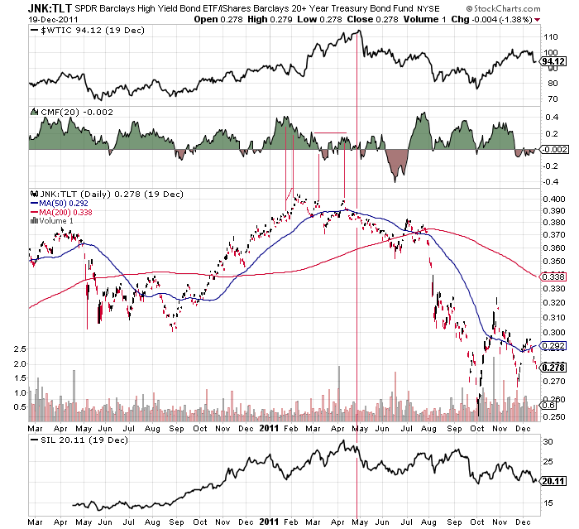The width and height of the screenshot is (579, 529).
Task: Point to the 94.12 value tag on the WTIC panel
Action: [x=552, y=60]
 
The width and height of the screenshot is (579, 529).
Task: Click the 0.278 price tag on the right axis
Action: [x=552, y=367]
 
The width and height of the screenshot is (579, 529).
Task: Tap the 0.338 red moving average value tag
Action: [x=552, y=277]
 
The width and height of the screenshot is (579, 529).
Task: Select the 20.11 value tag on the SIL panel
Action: [x=552, y=480]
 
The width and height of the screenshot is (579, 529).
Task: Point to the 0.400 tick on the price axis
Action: [x=552, y=200]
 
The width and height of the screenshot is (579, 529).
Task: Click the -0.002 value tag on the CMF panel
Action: [x=552, y=149]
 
